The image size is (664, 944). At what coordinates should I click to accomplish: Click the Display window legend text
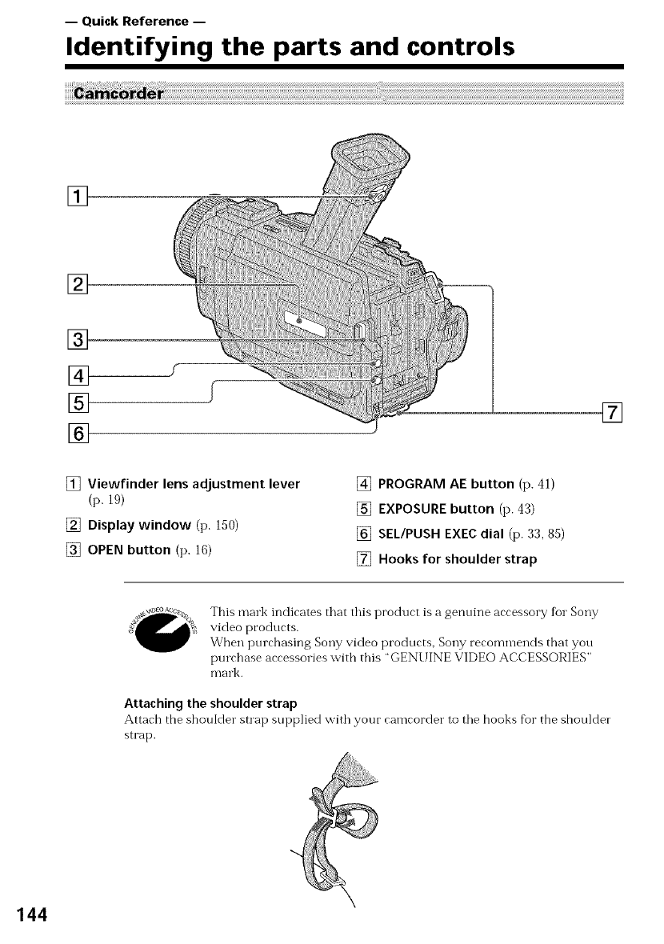[135, 524]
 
